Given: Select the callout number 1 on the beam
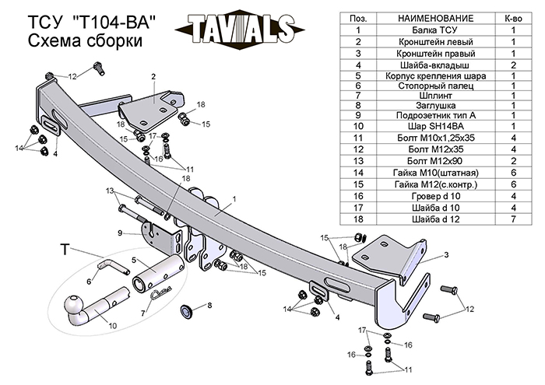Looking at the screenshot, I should coord(233,199).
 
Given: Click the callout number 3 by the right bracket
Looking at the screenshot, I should coord(447,254).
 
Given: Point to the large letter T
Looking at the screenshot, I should coord(65,250).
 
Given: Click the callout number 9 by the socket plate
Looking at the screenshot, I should coord(120,233).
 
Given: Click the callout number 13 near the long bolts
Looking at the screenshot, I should coord(110,191).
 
